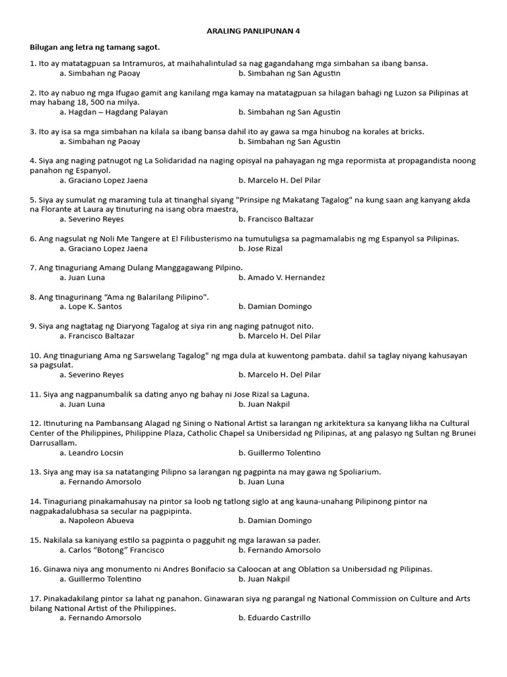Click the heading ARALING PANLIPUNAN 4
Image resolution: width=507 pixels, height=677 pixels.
(253, 31)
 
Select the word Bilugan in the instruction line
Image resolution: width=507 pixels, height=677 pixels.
(45, 48)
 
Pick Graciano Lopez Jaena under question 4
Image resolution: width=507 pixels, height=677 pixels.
(104, 180)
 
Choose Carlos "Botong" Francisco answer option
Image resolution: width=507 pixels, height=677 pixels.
(112, 550)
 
